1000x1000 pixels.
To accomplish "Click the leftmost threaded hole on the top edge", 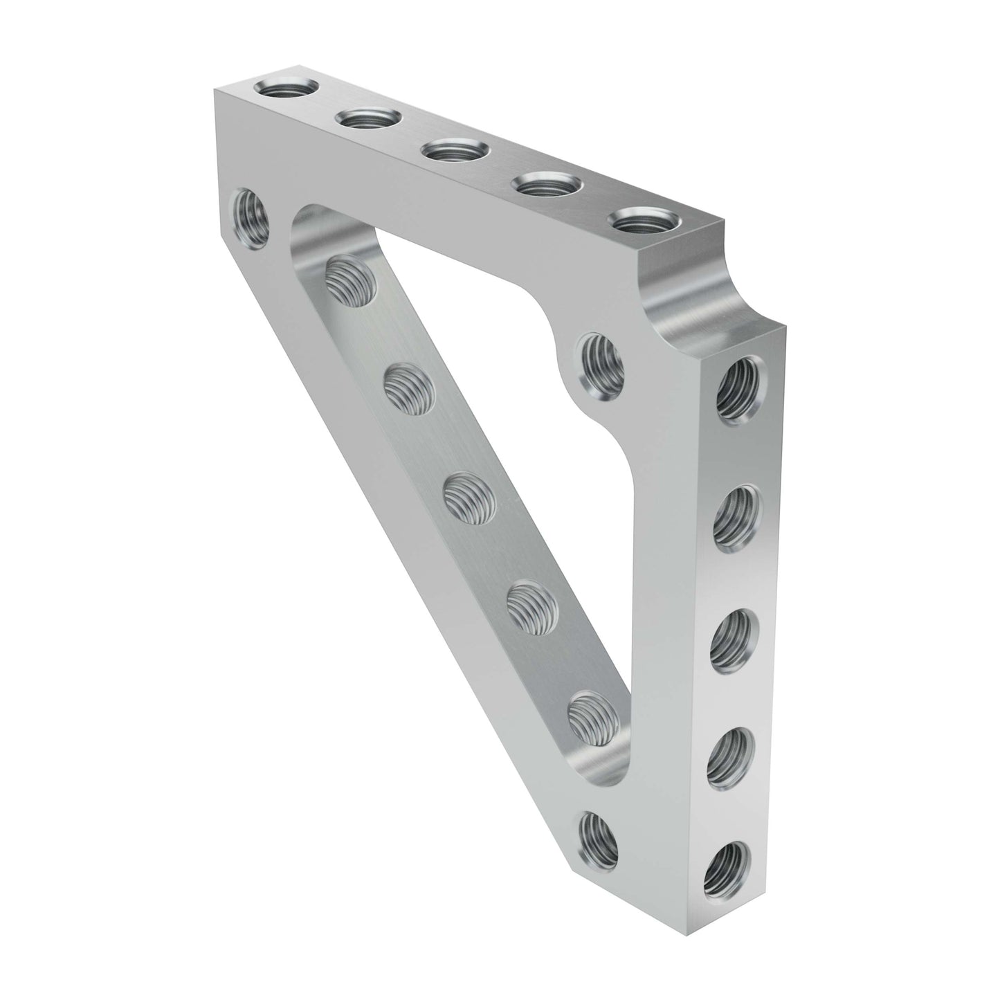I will point(285,89).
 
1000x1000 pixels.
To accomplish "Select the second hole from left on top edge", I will point(369,118).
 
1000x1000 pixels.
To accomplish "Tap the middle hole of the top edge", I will point(456,149).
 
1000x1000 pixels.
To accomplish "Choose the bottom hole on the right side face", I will point(726,865).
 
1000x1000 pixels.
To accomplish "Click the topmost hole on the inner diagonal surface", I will point(350,280).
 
